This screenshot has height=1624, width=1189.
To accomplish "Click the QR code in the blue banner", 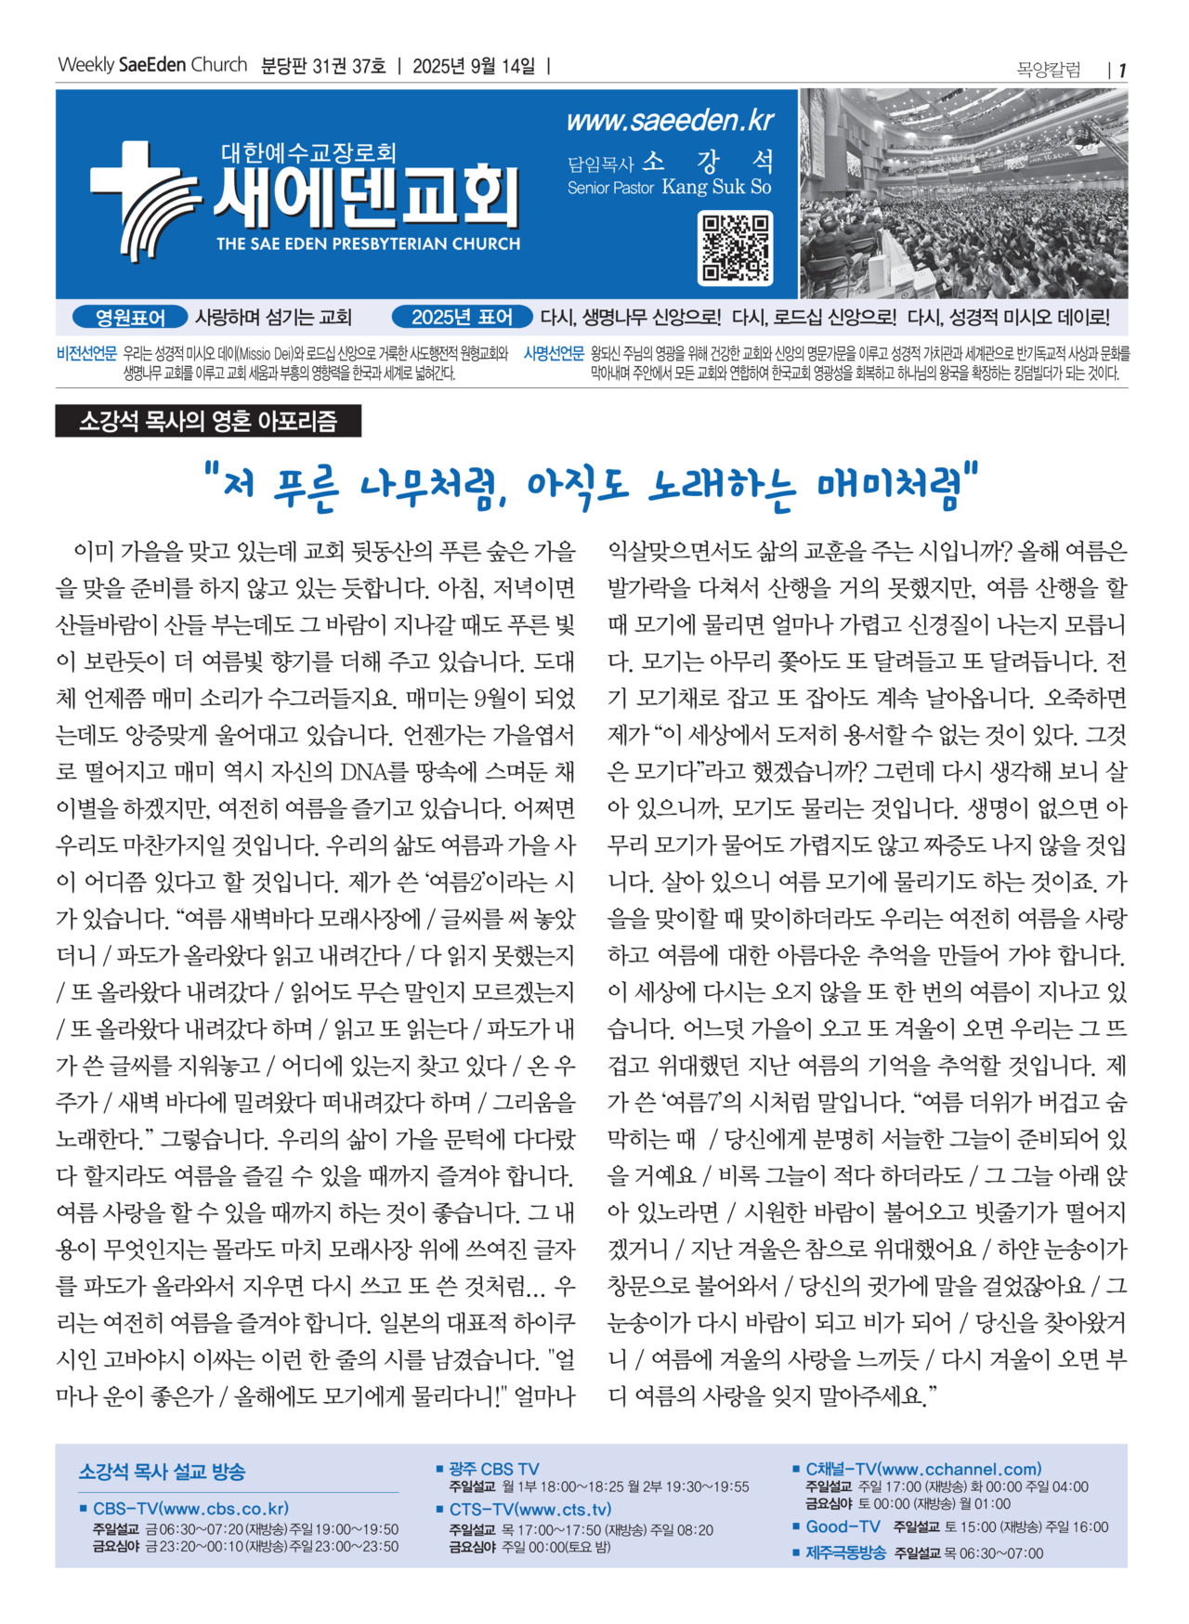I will [734, 248].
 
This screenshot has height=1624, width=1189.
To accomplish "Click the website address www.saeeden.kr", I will [670, 121].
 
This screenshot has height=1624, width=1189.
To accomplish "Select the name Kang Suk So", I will [716, 187].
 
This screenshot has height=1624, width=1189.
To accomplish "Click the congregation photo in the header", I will [963, 193].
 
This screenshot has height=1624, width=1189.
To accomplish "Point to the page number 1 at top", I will [1122, 71].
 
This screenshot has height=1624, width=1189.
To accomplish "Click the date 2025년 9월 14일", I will [474, 66].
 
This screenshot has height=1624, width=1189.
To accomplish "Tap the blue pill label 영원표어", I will [130, 318].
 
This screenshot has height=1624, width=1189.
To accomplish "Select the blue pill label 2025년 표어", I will [462, 318].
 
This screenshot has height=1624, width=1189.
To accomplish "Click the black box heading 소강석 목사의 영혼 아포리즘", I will [208, 422].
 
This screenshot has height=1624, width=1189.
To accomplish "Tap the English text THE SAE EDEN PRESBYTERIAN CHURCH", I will [368, 244].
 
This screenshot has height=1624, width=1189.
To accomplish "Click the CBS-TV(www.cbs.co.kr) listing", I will [190, 1509].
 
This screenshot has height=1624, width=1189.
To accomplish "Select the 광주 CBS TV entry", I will [493, 1469].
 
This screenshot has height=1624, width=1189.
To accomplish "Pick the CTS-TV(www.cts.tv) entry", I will [530, 1510].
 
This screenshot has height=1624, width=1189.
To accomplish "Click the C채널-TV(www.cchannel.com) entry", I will [923, 1469].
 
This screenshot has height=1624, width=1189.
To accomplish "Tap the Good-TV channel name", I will [843, 1526].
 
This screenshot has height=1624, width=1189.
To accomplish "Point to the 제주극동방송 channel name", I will [845, 1552].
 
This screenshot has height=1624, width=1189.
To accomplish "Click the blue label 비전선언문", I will [86, 353].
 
